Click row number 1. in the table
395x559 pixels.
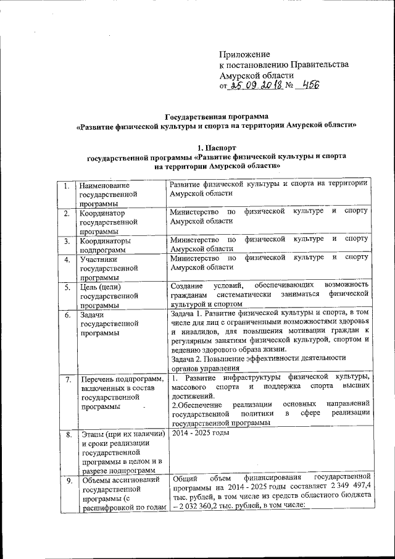65,186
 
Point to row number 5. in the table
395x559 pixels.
65,287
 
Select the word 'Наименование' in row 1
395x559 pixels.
105,185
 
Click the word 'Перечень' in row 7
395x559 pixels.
96,379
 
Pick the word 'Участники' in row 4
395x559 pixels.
98,259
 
